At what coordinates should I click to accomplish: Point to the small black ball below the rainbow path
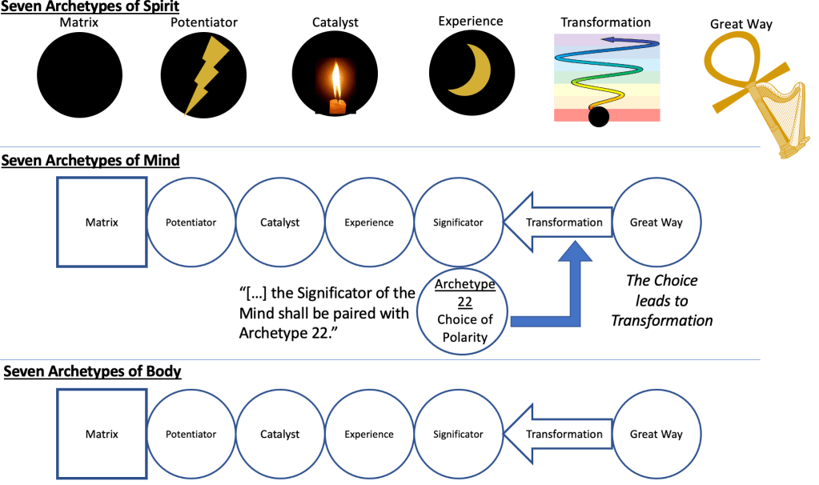pos(598,117)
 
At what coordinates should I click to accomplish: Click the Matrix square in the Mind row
pos(102,222)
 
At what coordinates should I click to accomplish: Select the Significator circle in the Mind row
pos(458,222)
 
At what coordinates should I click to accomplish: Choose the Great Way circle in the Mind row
pos(656,222)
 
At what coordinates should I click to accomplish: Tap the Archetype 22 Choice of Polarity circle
pos(464,311)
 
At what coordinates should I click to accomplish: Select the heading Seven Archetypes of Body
pos(92,372)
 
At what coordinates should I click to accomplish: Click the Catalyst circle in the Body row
pos(279,435)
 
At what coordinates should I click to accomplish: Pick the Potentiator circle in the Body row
pos(191,435)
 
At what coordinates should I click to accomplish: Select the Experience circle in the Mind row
pos(369,222)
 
